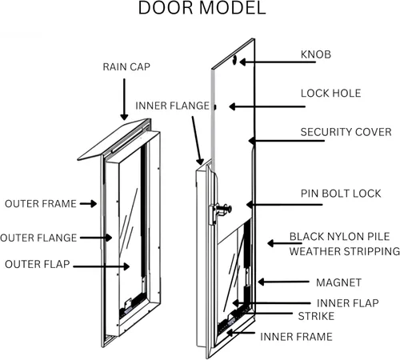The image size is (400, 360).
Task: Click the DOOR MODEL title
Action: point(200,10)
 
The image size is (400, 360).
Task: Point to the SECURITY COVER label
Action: point(346,131)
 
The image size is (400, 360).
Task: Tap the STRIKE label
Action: point(316,316)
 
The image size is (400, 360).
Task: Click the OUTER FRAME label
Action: point(39,203)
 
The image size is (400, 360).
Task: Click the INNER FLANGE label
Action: point(172,106)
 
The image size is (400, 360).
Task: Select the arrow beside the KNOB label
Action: point(268,60)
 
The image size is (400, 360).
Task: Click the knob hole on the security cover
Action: point(235,59)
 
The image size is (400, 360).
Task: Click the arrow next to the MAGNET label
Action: point(276,282)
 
